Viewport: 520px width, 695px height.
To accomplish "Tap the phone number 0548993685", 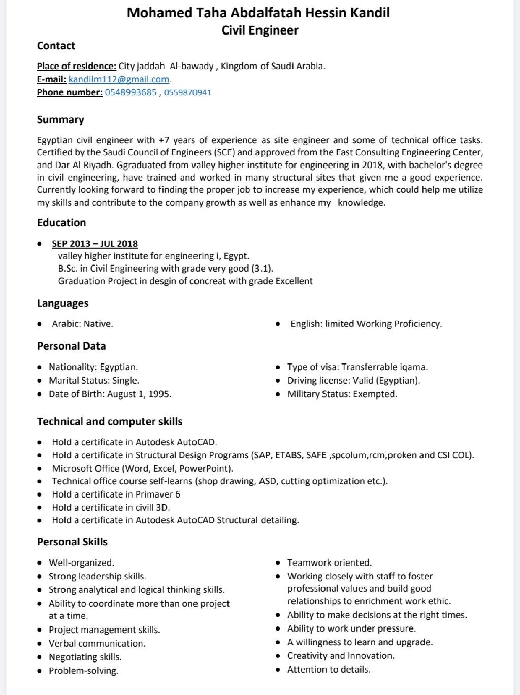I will tap(131, 92).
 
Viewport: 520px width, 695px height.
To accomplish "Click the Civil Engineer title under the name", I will tap(260, 30).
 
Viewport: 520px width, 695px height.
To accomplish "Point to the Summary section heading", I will tap(60, 120).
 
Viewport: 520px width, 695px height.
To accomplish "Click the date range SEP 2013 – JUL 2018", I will tap(95, 244).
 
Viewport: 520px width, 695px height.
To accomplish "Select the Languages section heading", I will tap(62, 303).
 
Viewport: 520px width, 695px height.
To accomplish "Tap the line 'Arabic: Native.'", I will tap(82, 324).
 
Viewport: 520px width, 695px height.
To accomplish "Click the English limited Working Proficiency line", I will tap(366, 324).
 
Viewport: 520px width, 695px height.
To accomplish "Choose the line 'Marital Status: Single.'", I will tap(94, 380).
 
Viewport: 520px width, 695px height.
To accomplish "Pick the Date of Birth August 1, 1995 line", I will tap(110, 394).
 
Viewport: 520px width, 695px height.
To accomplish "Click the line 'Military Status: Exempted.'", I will tap(342, 394).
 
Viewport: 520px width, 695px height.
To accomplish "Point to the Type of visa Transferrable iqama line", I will tap(357, 367).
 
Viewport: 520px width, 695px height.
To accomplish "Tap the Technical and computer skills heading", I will tap(110, 422).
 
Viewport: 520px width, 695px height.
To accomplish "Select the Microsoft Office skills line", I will tap(143, 468).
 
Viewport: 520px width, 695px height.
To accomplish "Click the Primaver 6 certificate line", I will tap(116, 494).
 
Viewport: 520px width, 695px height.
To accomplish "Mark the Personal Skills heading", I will tap(72, 542).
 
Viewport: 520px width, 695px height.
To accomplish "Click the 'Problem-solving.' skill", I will tap(83, 671).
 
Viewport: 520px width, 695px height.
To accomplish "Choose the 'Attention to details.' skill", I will tap(329, 669).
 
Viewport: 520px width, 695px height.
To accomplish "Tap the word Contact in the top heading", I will tap(56, 46).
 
